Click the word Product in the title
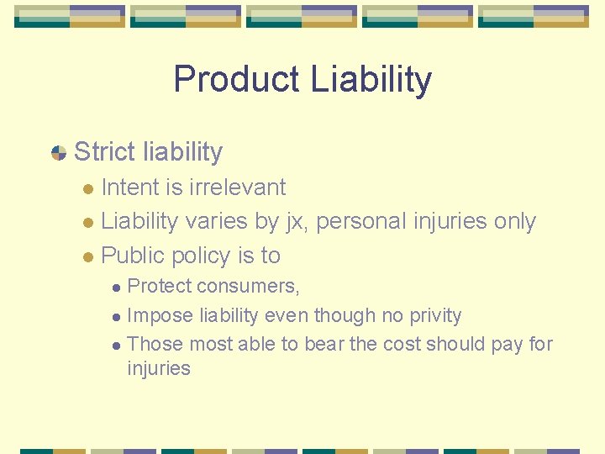click(236, 80)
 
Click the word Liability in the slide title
click(371, 80)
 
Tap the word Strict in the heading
click(104, 152)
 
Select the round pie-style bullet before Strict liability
click(59, 153)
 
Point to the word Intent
click(130, 187)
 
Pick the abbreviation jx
click(296, 222)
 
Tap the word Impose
click(160, 316)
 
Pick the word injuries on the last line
click(159, 368)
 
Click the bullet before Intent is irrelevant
click(89, 188)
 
